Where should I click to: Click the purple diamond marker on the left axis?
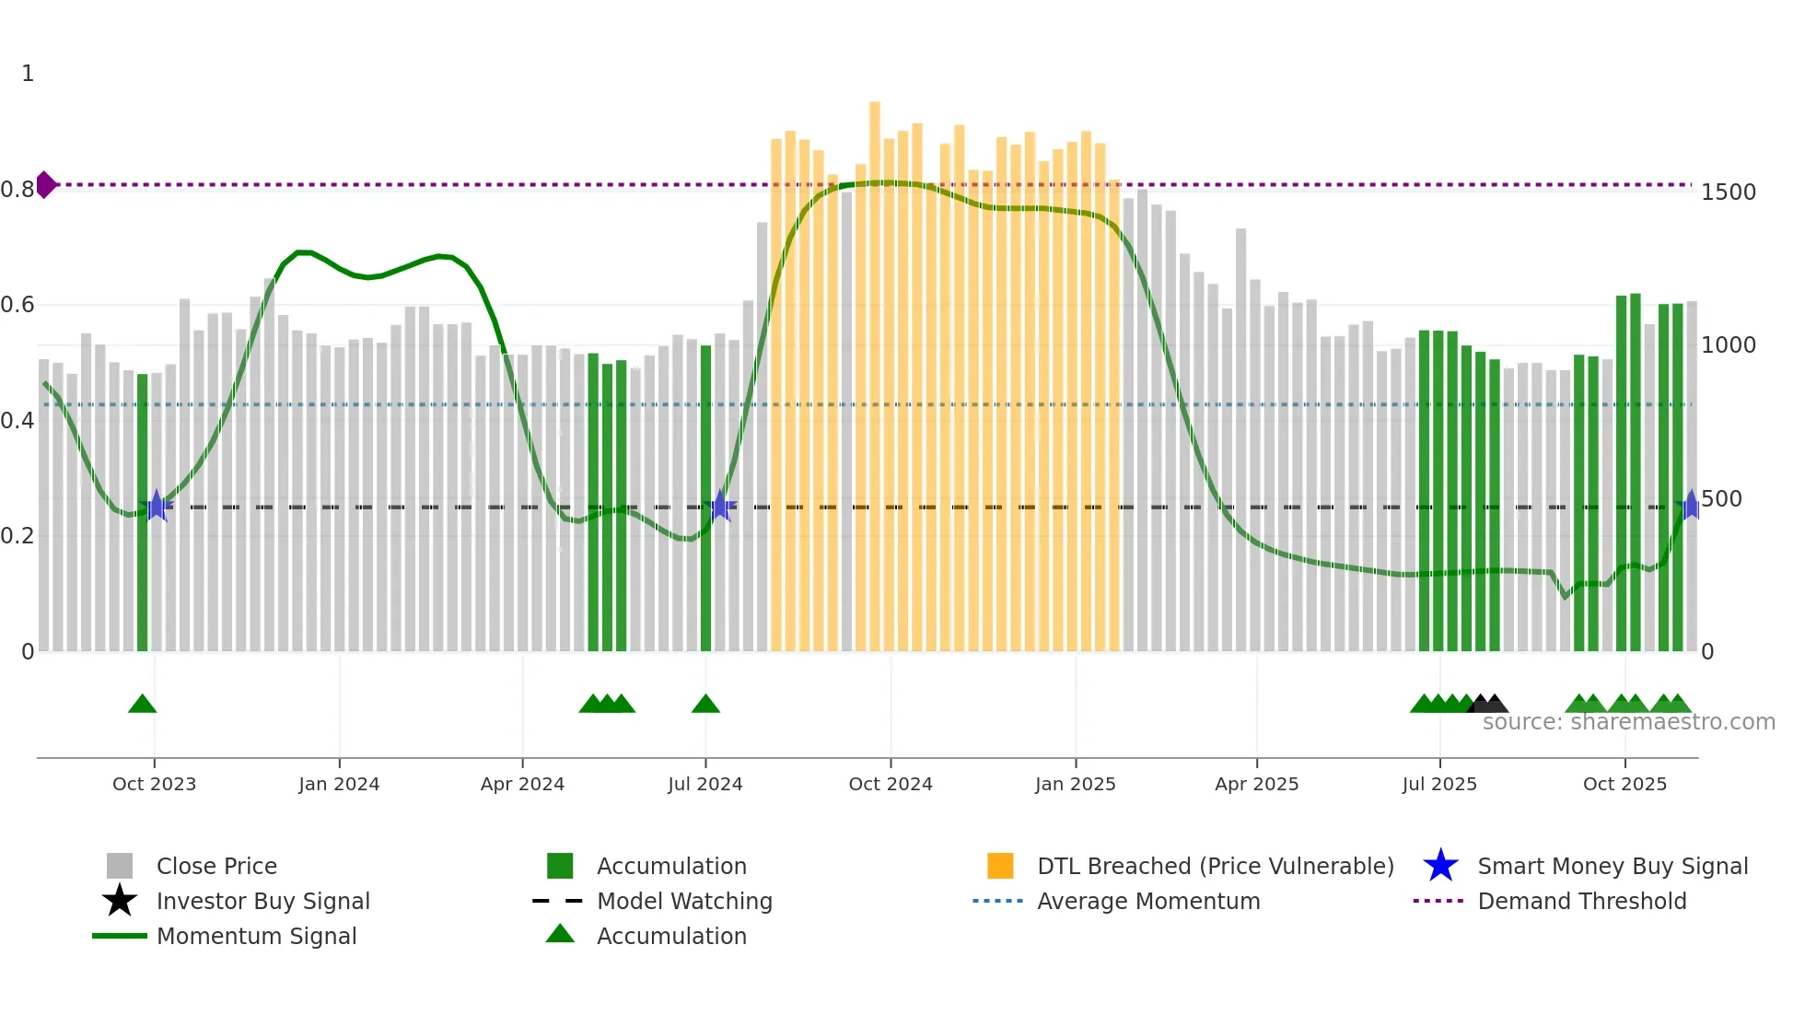45,185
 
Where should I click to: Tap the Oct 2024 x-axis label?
890,784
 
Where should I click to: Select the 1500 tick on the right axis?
1728,192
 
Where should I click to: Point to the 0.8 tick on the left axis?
17,190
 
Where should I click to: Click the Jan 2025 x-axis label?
1075,784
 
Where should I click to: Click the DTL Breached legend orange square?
999,866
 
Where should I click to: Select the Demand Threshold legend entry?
1581,902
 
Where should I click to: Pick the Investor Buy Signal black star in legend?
120,901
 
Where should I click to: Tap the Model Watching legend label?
684,902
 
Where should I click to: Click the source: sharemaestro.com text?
1628,722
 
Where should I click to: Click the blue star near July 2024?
721,506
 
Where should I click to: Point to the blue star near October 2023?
157,506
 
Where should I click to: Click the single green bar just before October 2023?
143,512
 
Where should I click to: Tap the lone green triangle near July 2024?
705,705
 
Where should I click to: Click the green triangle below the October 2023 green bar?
142,705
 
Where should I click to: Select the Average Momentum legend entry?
1147,902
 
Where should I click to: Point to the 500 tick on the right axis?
1720,499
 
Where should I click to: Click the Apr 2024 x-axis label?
522,784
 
